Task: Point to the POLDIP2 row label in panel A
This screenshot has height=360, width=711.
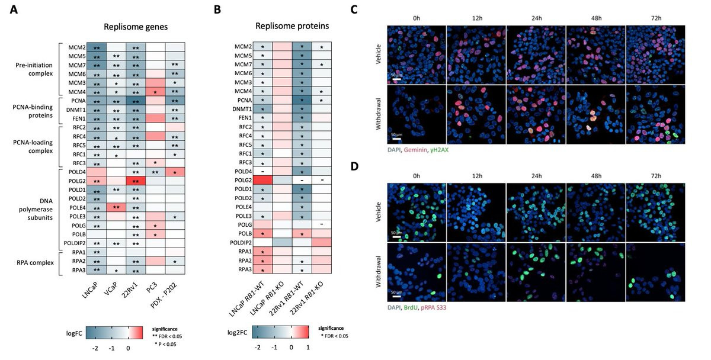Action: click(75, 243)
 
